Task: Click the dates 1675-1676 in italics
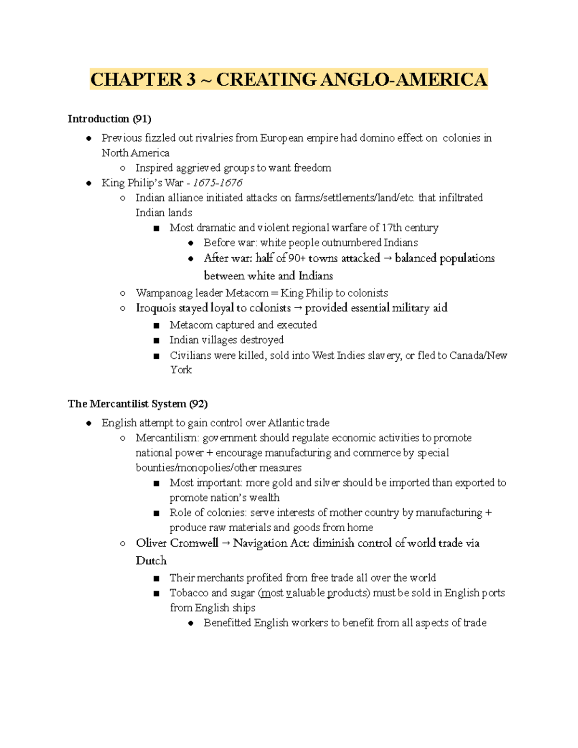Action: click(x=218, y=183)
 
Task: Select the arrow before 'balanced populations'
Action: click(x=388, y=259)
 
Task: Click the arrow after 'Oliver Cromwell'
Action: click(x=226, y=543)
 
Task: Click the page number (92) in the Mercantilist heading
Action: click(x=198, y=404)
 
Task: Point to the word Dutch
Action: click(x=151, y=561)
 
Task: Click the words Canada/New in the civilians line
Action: click(x=478, y=355)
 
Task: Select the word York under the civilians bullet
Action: click(x=181, y=370)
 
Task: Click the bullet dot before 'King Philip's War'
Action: click(x=89, y=183)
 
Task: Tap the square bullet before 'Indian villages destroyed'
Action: click(x=156, y=341)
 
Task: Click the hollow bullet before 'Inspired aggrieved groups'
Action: click(x=123, y=168)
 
